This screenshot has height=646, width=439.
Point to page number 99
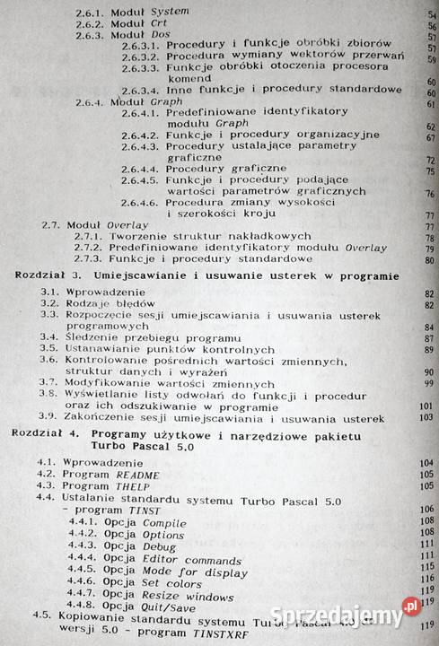426,383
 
